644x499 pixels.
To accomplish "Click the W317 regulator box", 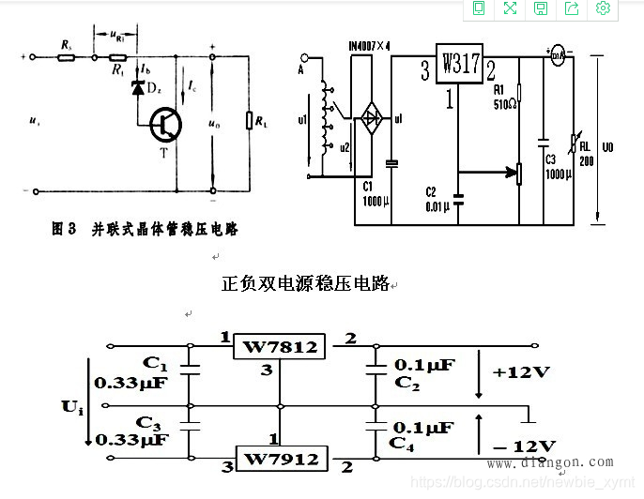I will pyautogui.click(x=458, y=66).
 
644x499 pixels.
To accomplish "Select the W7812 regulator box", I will pyautogui.click(x=280, y=347).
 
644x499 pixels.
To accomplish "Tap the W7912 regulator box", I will pyautogui.click(x=282, y=459).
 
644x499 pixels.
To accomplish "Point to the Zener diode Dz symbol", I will pyautogui.click(x=137, y=88).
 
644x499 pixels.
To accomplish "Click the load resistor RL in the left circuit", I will pyautogui.click(x=249, y=121).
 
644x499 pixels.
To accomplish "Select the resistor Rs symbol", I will pyautogui.click(x=66, y=57).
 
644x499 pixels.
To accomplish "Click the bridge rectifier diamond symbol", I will pyautogui.click(x=373, y=117).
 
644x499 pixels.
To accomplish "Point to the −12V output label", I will pyautogui.click(x=524, y=445).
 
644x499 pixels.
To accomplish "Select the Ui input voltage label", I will pyautogui.click(x=73, y=405).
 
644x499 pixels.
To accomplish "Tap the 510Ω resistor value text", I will pyautogui.click(x=506, y=103).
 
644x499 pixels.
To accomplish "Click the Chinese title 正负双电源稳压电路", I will pyautogui.click(x=305, y=283).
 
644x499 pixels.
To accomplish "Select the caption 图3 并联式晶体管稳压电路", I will pyautogui.click(x=143, y=229).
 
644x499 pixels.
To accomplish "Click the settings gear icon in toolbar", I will pyautogui.click(x=603, y=8).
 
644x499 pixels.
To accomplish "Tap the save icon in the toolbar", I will pyautogui.click(x=541, y=8).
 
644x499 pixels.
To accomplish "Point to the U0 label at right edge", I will pyautogui.click(x=609, y=148).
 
